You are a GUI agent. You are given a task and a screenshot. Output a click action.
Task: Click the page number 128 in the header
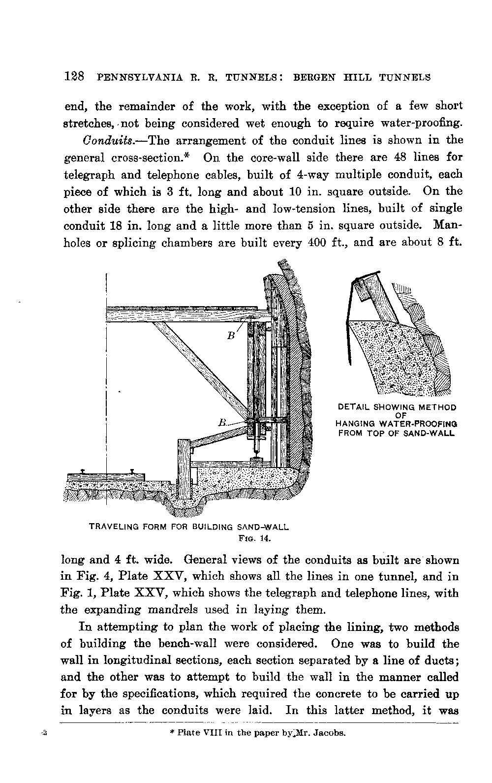(75, 77)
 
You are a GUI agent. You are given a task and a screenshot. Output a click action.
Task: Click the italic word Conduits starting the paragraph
(103, 141)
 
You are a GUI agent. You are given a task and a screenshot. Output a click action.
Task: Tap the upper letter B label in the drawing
(230, 337)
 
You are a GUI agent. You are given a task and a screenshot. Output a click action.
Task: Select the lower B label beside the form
(222, 423)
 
